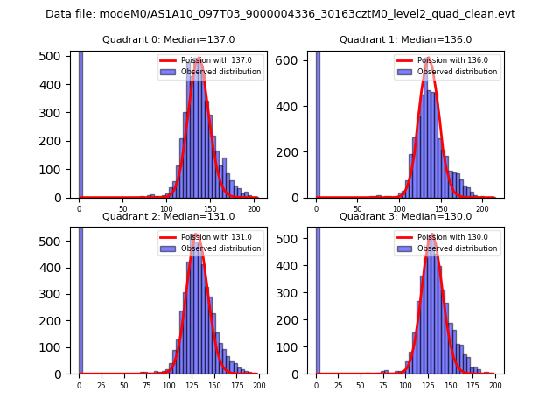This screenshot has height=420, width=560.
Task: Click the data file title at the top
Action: point(280,14)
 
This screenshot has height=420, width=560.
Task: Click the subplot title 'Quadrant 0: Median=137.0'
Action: point(169,39)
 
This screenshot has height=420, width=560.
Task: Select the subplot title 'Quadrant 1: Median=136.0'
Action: point(405,39)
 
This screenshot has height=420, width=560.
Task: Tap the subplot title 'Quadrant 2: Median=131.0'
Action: point(169,216)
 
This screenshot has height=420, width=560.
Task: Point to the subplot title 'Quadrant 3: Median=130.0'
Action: point(405,216)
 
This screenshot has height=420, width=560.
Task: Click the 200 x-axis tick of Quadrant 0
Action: point(254,209)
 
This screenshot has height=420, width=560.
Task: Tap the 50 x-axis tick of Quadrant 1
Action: point(358,209)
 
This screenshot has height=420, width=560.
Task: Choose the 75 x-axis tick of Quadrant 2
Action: point(146,385)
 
